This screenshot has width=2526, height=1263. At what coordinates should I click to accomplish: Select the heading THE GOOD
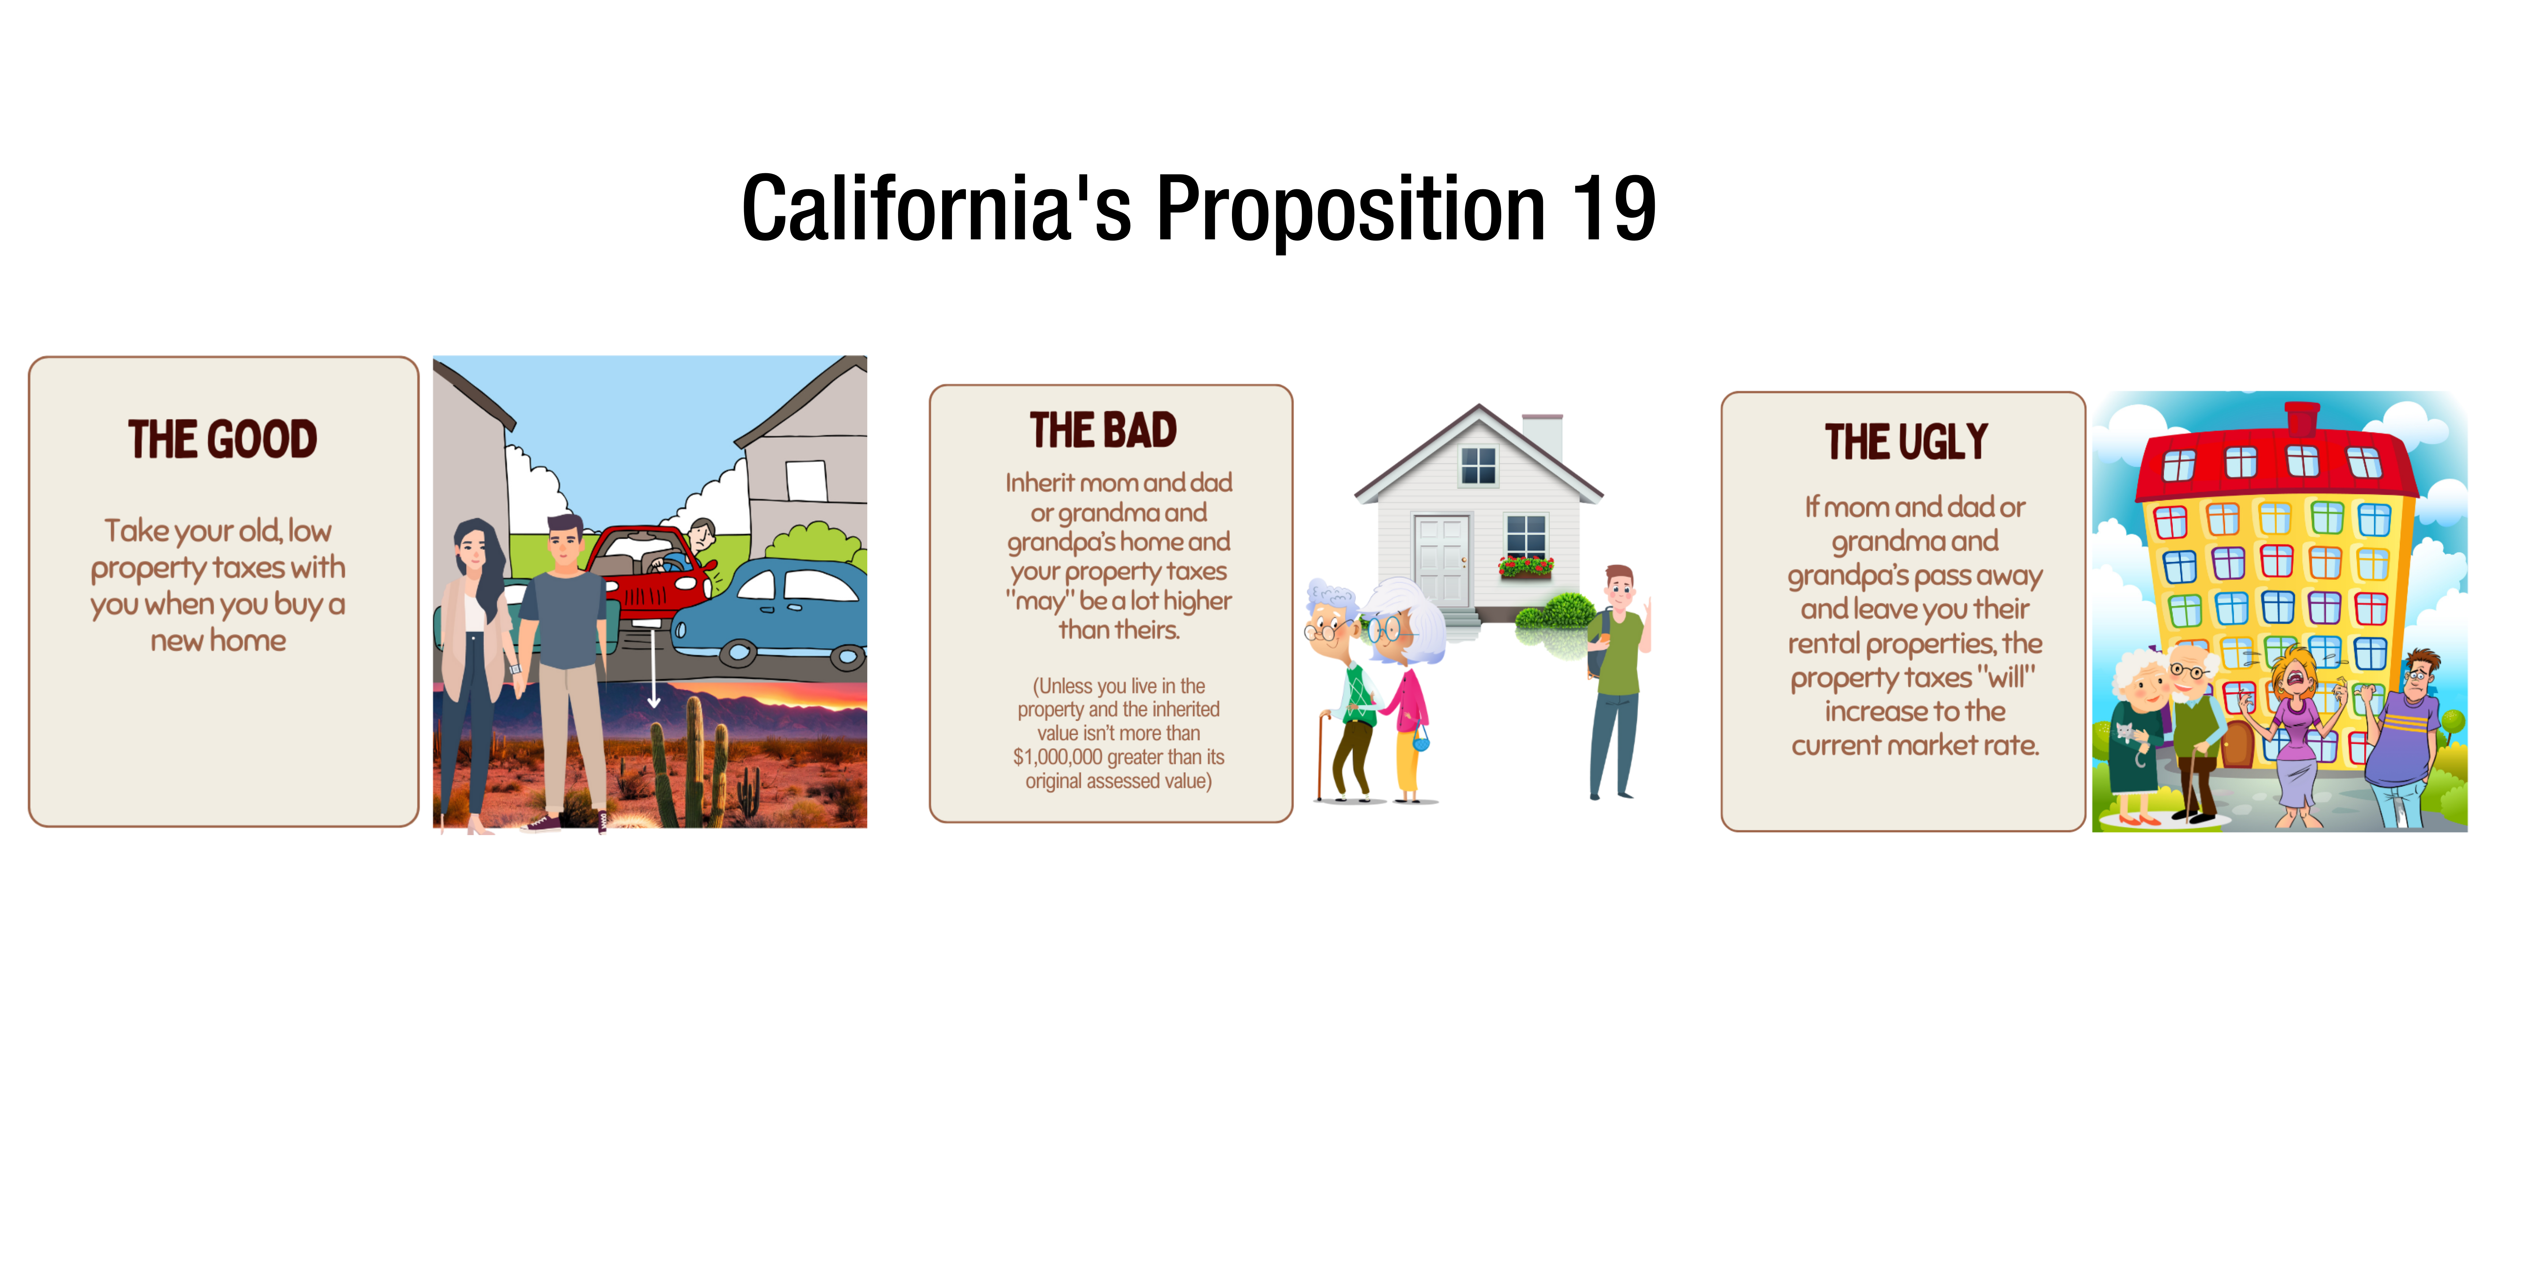pyautogui.click(x=223, y=439)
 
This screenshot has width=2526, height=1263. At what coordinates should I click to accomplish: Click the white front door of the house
pyautogui.click(x=1441, y=561)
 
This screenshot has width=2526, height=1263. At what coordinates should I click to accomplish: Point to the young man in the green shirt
pyautogui.click(x=1618, y=682)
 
